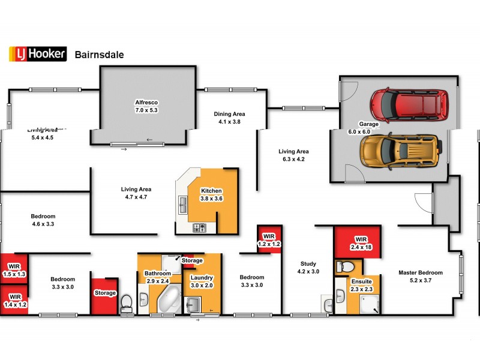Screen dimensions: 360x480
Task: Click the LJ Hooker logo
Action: pyautogui.click(x=37, y=54)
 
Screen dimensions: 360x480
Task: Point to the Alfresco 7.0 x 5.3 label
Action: pyautogui.click(x=146, y=106)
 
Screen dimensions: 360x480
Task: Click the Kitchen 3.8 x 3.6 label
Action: pyautogui.click(x=211, y=194)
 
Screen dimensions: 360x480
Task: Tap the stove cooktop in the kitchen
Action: pyautogui.click(x=199, y=228)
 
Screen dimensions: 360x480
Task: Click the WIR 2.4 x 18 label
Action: pyautogui.click(x=361, y=242)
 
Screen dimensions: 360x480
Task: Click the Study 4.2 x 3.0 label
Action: pyautogui.click(x=308, y=267)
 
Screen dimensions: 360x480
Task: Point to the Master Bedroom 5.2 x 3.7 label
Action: pyautogui.click(x=421, y=276)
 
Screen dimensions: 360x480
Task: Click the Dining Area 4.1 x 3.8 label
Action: pyautogui.click(x=230, y=118)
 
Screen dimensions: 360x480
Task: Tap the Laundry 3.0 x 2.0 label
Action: pyautogui.click(x=202, y=281)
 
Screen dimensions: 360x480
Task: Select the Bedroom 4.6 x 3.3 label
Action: pyautogui.click(x=43, y=220)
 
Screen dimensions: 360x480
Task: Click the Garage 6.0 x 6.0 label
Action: pyautogui.click(x=369, y=128)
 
